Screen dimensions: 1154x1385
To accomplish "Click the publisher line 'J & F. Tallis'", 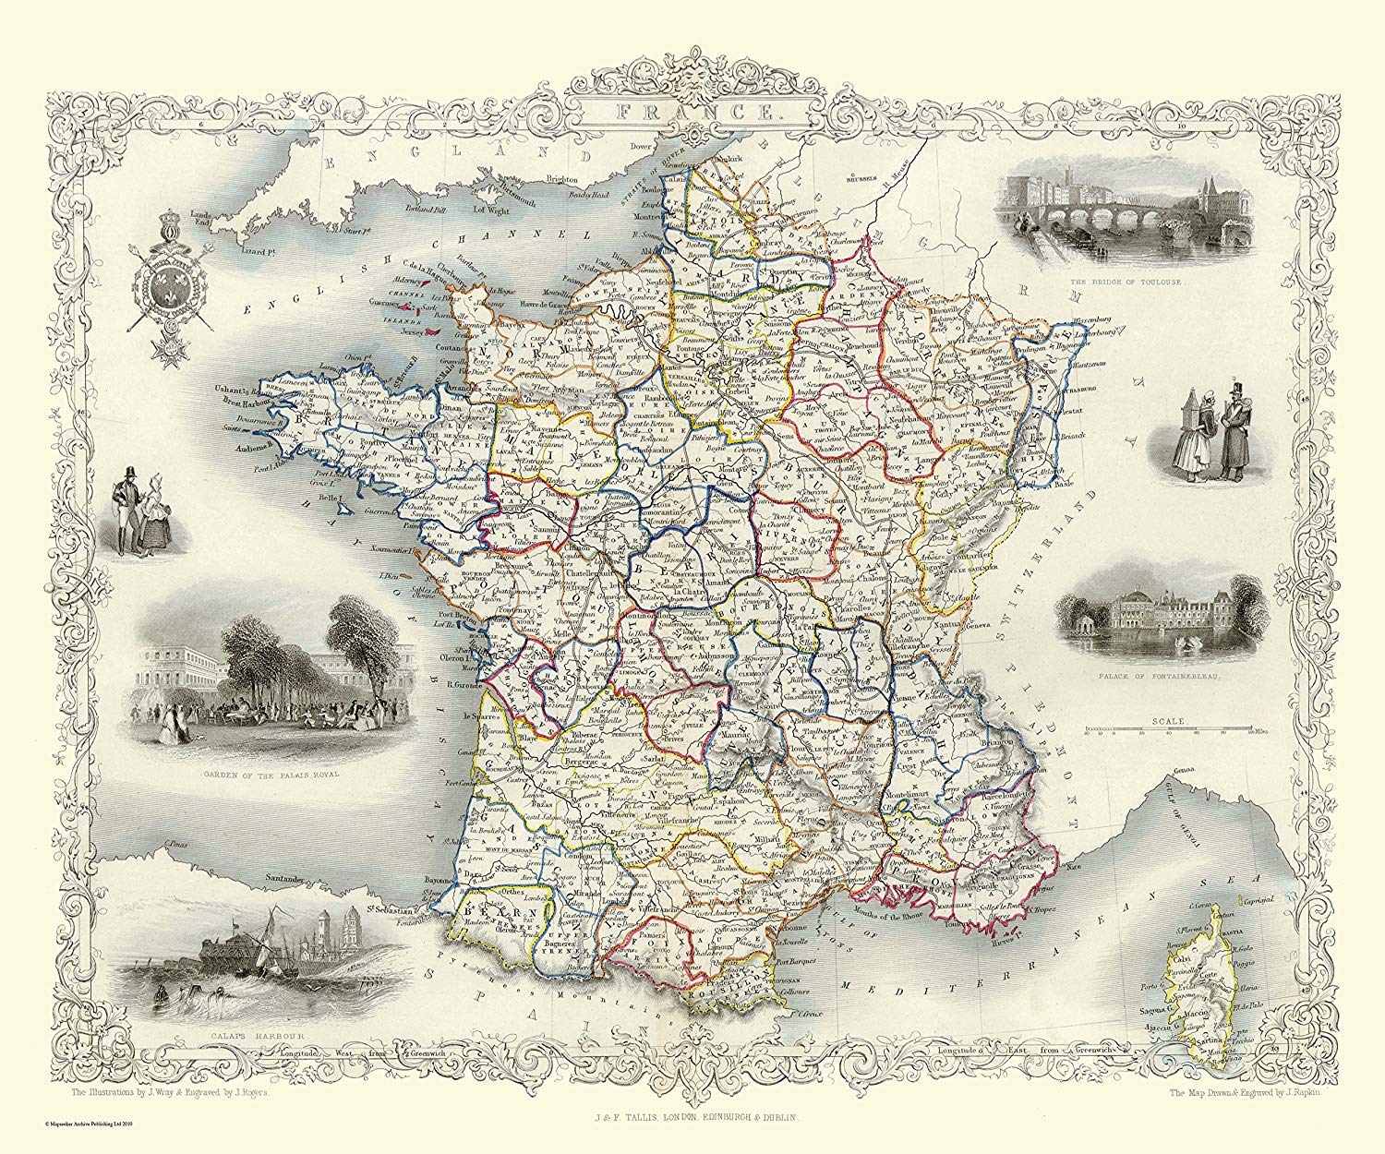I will [692, 1119].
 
